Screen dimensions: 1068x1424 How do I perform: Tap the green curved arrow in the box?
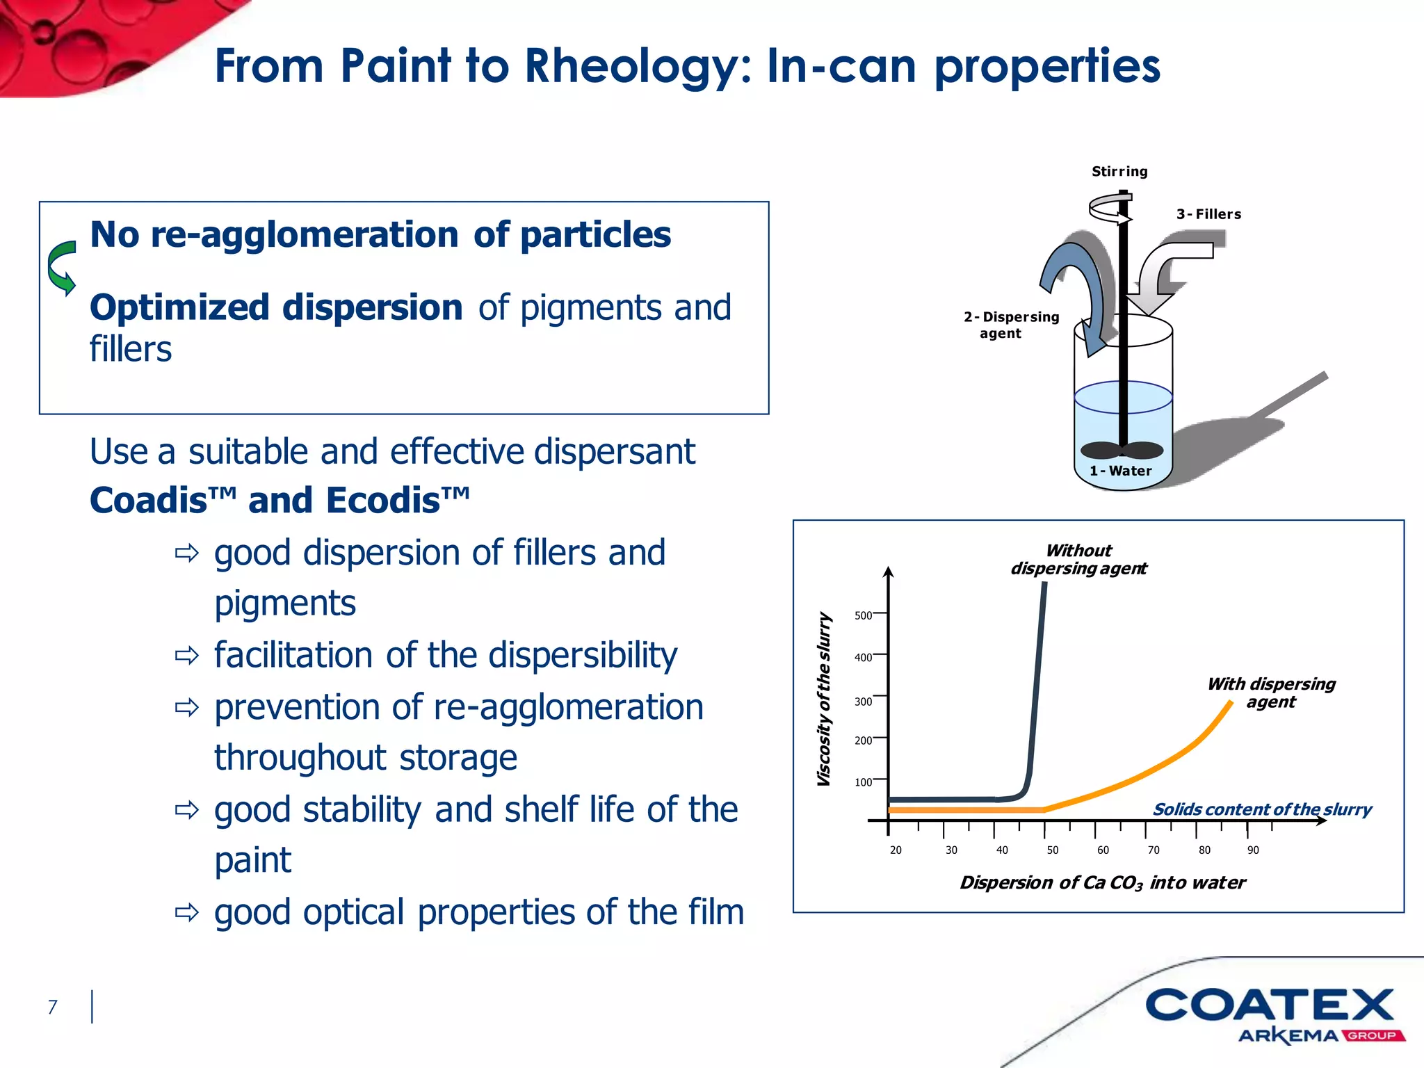62,268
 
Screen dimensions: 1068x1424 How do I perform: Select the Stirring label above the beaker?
1119,171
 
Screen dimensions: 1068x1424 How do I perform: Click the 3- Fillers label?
1208,214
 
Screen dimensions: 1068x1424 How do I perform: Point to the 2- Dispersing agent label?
1010,325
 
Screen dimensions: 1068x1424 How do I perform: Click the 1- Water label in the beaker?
1121,471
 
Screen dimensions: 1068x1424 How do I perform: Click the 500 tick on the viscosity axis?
863,615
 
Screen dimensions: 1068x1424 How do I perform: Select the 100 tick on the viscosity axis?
863,782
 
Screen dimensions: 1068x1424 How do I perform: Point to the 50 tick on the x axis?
1053,850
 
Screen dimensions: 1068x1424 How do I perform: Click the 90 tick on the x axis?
1253,850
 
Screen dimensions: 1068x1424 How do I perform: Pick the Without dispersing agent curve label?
1078,560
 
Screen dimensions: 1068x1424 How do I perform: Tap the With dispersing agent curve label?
1271,693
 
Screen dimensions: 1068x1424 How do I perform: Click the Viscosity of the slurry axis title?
824,699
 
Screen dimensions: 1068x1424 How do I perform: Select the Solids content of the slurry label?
1262,809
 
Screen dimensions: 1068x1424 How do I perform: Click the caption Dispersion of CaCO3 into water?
1102,883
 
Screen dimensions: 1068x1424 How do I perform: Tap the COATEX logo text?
1270,1005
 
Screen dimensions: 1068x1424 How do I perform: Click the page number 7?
52,1007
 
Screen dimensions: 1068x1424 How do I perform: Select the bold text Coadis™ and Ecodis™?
280,501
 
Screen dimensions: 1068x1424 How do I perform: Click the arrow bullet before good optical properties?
186,912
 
